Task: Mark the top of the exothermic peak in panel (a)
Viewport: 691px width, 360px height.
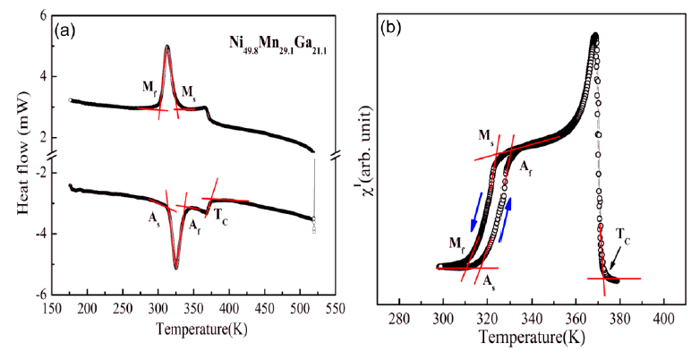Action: [x=167, y=47]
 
